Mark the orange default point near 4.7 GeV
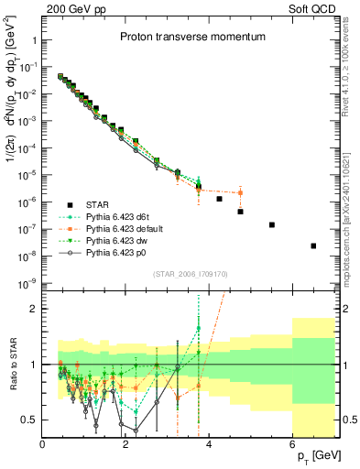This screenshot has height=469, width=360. coord(240,192)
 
